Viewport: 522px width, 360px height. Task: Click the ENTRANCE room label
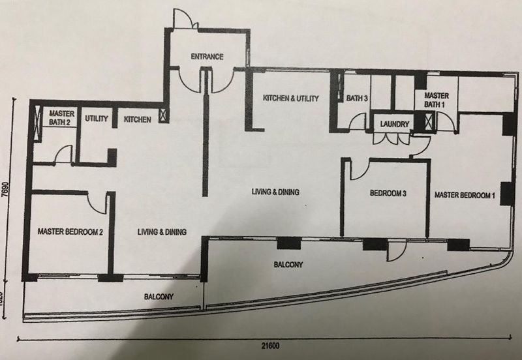[x=207, y=57]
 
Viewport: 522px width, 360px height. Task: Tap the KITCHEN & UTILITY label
[x=290, y=98]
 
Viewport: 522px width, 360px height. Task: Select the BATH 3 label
[x=356, y=98]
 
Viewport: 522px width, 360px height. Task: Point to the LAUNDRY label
[x=395, y=124]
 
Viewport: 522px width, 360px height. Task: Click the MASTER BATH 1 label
[x=436, y=100]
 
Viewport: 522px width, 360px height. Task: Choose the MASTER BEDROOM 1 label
[x=465, y=195]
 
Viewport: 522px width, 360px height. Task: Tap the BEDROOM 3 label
[x=388, y=193]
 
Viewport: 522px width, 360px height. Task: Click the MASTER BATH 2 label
[x=61, y=117]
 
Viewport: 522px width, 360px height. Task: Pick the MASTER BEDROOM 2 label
[x=70, y=232]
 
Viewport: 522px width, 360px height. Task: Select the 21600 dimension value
[x=270, y=346]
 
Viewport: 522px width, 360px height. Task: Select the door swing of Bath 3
[x=356, y=121]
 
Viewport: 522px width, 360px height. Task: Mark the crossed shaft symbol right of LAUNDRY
[x=430, y=122]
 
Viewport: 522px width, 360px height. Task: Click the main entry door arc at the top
[x=183, y=18]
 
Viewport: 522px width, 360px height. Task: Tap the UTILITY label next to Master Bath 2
[x=96, y=119]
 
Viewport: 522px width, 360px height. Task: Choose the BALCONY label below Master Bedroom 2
[x=159, y=297]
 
